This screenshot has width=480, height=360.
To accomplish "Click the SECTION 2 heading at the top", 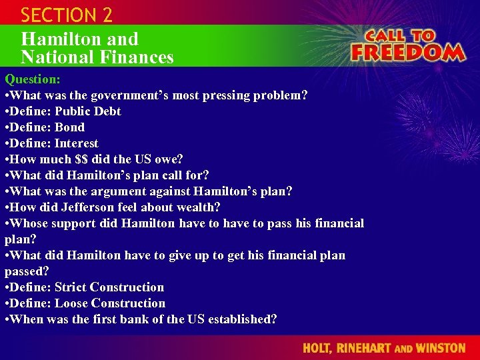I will [x=67, y=15].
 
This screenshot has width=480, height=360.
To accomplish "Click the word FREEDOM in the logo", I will [x=407, y=52].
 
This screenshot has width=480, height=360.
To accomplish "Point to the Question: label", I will [x=33, y=79].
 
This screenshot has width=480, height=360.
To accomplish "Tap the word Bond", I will [x=70, y=127].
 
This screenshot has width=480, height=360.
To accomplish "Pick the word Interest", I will [x=77, y=143].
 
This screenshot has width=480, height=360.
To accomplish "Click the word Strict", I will [x=71, y=287].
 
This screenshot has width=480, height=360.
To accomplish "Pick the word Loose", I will [x=71, y=303].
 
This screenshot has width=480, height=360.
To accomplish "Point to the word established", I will [x=240, y=319].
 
